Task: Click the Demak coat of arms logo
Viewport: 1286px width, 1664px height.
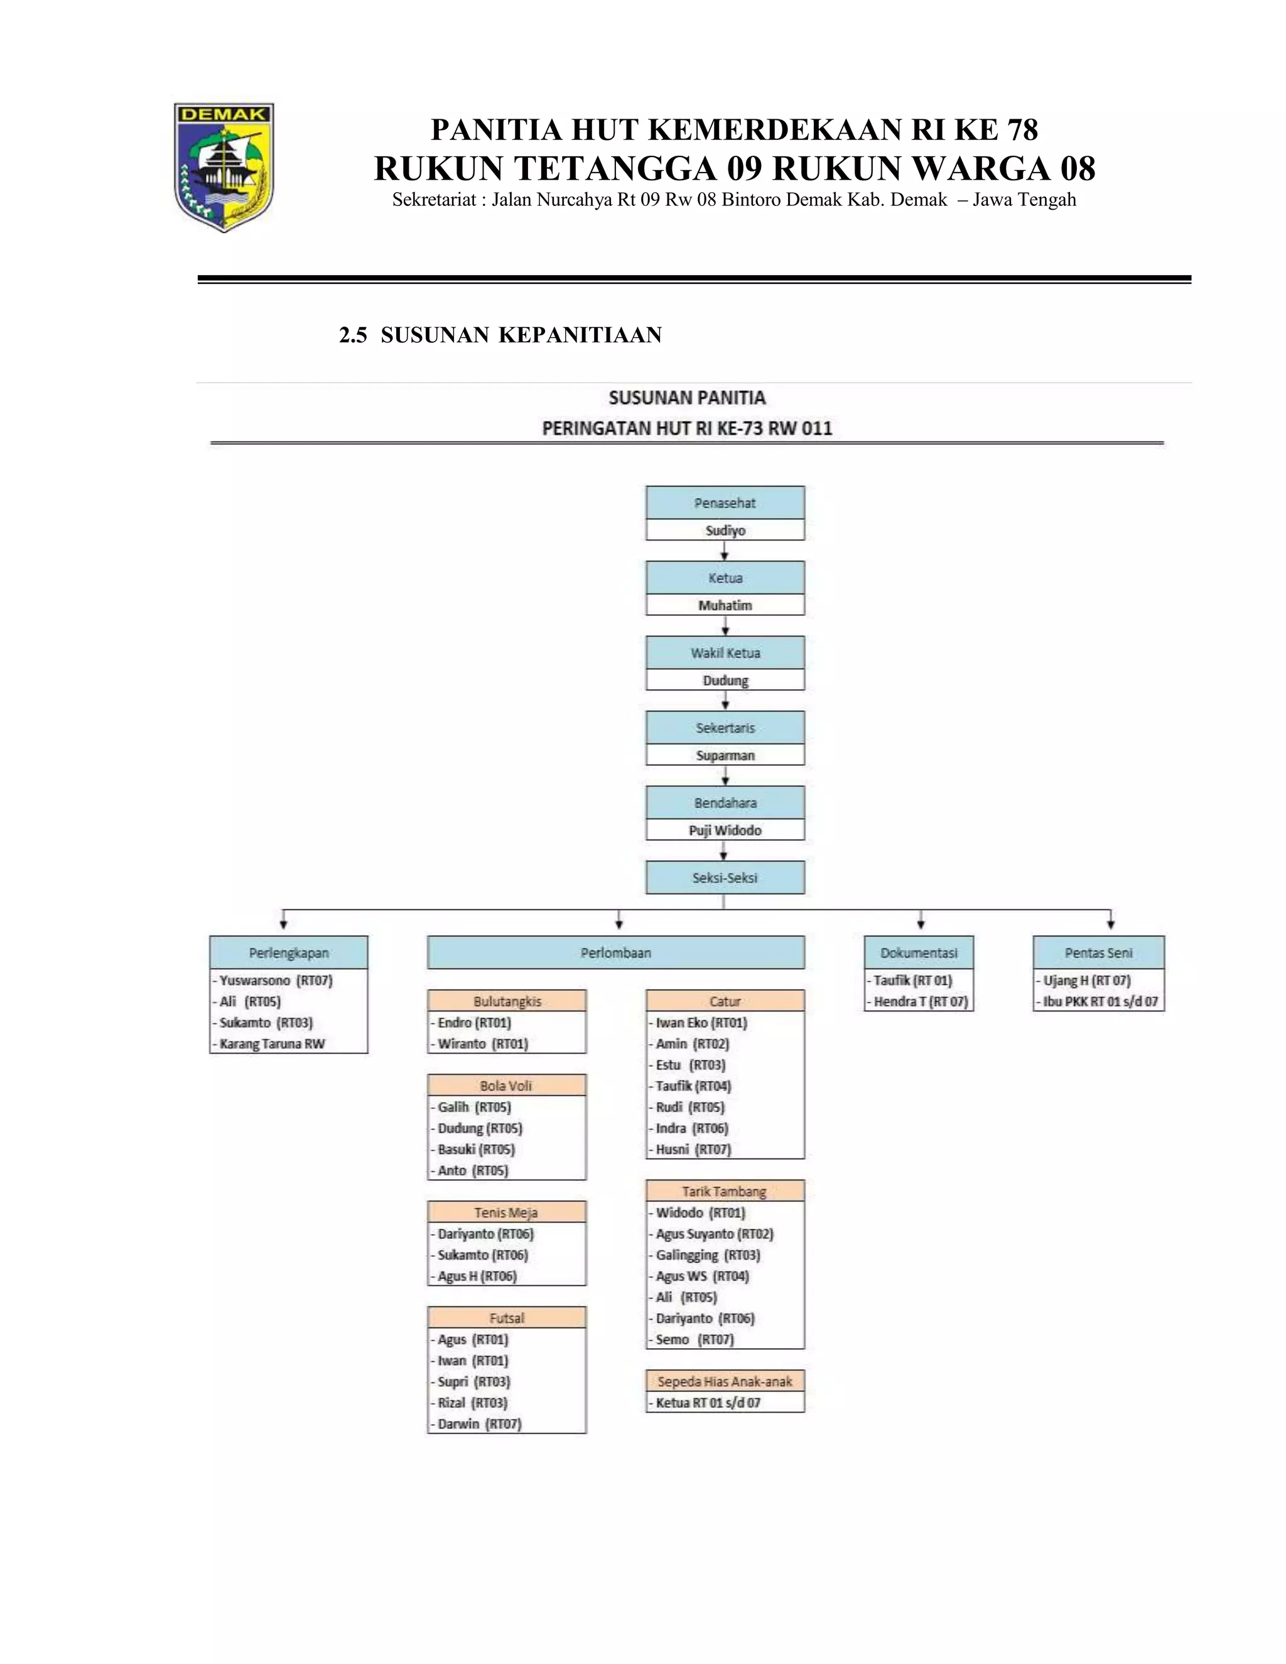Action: click(224, 167)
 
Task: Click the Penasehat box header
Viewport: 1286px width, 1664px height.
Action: click(725, 503)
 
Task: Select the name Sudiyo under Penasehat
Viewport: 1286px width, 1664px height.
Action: click(725, 531)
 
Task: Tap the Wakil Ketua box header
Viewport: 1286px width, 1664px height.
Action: click(725, 653)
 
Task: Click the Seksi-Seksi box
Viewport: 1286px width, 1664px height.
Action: click(725, 878)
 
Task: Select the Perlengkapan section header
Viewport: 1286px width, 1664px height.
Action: click(289, 953)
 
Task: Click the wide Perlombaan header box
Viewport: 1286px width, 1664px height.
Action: click(615, 953)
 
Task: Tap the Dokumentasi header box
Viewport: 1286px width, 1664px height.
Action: click(919, 953)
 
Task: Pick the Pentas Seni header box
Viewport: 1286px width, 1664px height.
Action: click(1099, 953)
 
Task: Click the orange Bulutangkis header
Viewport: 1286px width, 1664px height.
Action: click(507, 1001)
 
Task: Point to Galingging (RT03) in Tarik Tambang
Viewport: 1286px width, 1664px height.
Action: click(708, 1255)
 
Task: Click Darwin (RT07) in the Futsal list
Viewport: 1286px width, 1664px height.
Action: click(479, 1424)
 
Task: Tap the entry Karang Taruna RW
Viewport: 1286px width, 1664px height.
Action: click(272, 1044)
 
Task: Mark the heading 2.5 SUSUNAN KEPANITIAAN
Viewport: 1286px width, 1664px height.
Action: click(500, 335)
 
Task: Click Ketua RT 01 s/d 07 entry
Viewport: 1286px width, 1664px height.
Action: click(708, 1403)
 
